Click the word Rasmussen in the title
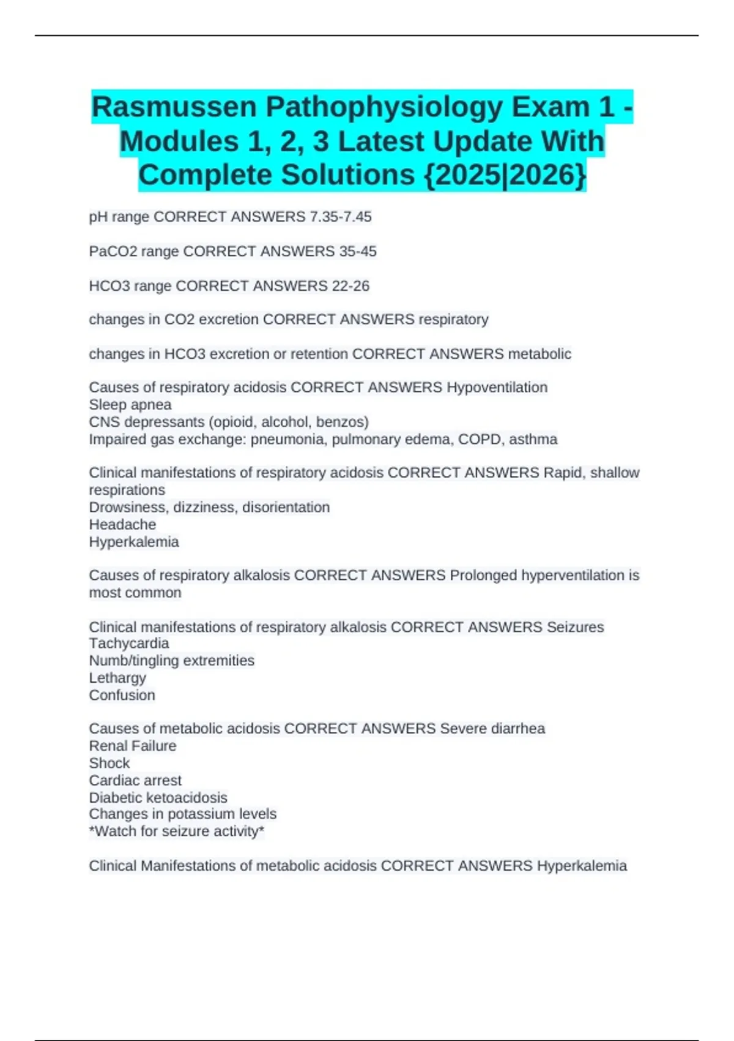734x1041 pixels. [174, 107]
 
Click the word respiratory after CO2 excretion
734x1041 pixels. [453, 320]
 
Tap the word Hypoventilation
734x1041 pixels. [497, 388]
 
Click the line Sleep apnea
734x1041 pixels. [130, 405]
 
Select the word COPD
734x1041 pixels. [479, 439]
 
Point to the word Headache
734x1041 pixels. [122, 525]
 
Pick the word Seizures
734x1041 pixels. [575, 627]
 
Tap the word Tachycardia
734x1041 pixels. [128, 644]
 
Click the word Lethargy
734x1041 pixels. [117, 678]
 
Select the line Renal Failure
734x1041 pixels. [132, 746]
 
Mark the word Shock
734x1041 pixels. [109, 763]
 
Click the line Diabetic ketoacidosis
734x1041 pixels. [158, 797]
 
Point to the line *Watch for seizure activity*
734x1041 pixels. [176, 832]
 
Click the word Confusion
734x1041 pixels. [122, 695]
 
